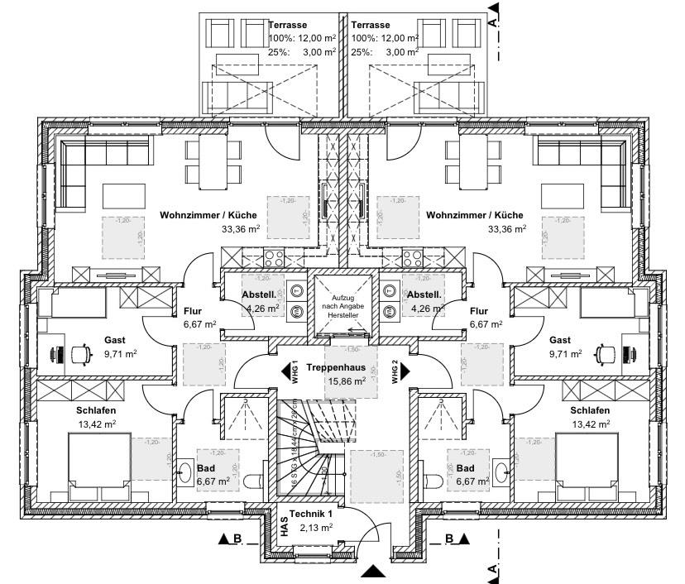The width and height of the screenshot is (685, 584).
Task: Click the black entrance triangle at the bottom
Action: (373, 571)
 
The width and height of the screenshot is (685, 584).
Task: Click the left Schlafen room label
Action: (98, 411)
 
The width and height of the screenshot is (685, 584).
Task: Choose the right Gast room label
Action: (560, 340)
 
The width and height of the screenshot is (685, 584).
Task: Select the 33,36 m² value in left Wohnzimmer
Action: (241, 230)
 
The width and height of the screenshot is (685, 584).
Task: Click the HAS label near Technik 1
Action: (284, 528)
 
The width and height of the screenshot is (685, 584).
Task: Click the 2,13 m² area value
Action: (316, 528)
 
